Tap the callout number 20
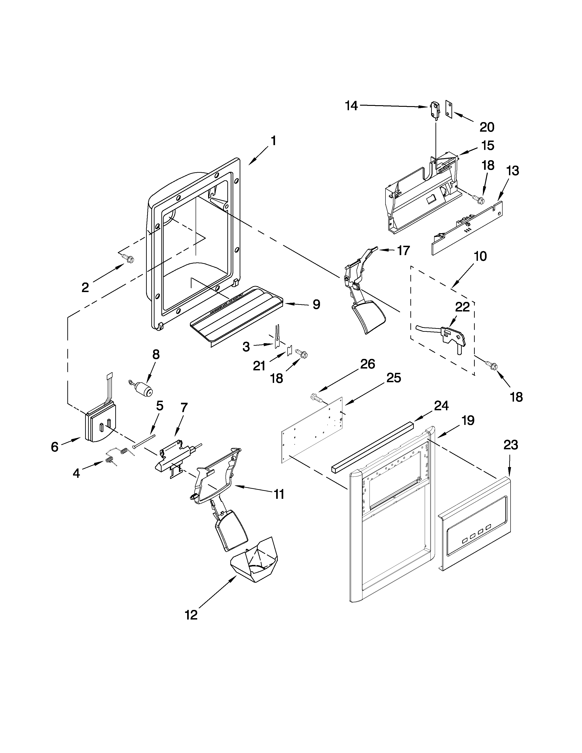(487, 127)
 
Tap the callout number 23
(510, 445)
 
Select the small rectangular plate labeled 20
(448, 110)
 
